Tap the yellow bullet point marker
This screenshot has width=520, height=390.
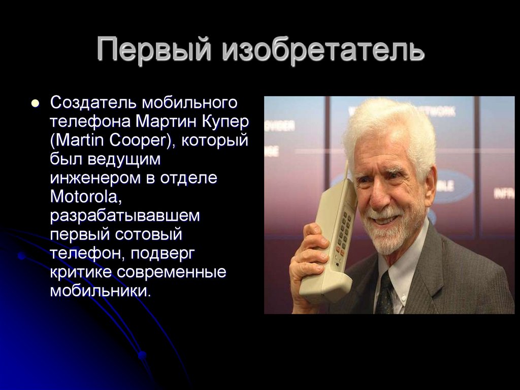click(35, 103)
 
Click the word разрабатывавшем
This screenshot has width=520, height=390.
click(125, 215)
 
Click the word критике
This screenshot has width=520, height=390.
click(80, 271)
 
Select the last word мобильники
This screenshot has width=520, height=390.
click(101, 290)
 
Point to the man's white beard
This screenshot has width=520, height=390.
click(390, 236)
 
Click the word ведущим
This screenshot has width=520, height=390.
click(126, 159)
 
